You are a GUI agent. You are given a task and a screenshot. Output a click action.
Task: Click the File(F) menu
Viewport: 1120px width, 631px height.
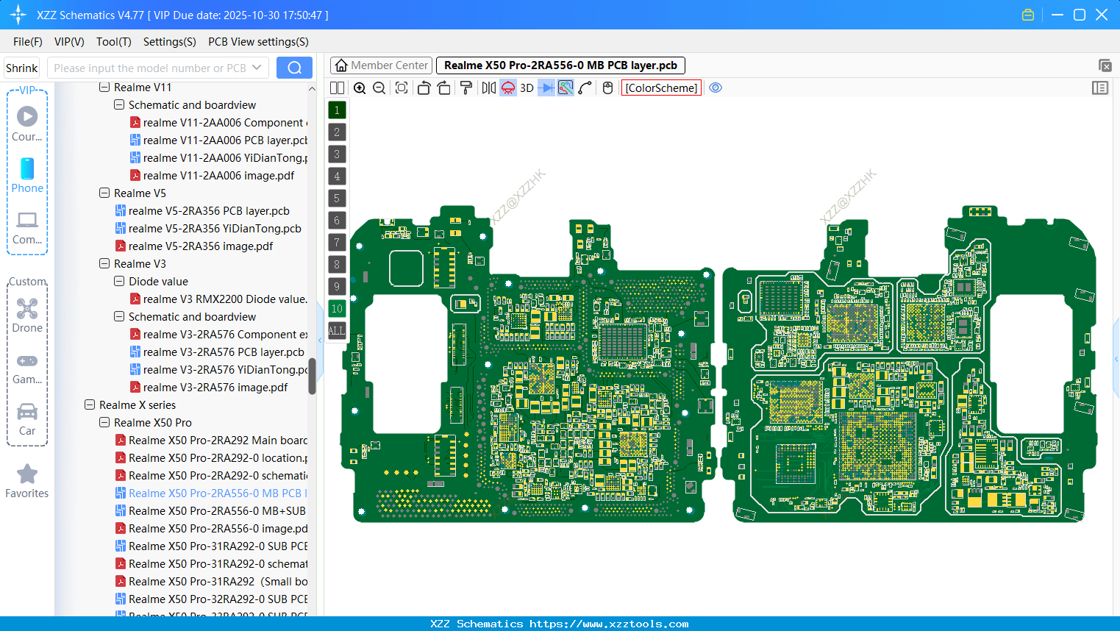click(28, 42)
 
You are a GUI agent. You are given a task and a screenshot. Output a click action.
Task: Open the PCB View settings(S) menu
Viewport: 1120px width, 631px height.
click(258, 42)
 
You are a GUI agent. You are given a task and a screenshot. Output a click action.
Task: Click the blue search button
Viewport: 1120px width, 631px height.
click(294, 68)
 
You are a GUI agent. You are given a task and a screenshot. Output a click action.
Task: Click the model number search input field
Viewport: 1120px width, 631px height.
click(150, 68)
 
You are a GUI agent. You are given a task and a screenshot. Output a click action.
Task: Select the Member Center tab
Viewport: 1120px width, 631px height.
click(382, 65)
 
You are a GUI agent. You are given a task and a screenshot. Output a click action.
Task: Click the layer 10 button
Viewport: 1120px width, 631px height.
click(337, 309)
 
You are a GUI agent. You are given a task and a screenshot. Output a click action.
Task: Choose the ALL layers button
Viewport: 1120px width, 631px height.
click(337, 331)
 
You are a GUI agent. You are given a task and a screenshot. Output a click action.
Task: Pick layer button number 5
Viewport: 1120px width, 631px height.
click(337, 199)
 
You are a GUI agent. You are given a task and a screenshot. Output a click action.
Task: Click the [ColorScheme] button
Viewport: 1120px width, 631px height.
click(661, 88)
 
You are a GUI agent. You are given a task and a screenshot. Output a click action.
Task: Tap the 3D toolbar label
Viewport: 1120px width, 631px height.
click(527, 88)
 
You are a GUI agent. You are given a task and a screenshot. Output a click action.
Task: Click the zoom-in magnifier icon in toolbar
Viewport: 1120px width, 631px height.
click(360, 88)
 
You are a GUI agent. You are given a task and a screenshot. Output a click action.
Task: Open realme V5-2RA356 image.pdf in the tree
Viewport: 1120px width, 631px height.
click(200, 246)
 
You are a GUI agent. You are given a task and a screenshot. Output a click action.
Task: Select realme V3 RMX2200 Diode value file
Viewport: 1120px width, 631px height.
click(224, 299)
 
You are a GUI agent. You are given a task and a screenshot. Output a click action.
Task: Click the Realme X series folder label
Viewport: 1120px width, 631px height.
click(138, 405)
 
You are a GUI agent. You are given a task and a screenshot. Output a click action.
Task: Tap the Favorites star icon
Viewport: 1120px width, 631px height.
click(27, 474)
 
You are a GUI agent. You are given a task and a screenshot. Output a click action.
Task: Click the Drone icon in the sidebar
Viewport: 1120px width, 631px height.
click(27, 309)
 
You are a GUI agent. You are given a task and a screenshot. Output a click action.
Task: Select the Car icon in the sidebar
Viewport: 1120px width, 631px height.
click(27, 412)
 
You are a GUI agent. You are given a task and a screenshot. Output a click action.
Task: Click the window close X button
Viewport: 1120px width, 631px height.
click(1102, 15)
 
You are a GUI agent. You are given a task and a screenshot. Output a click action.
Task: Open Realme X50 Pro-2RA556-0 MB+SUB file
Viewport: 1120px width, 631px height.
click(217, 511)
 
